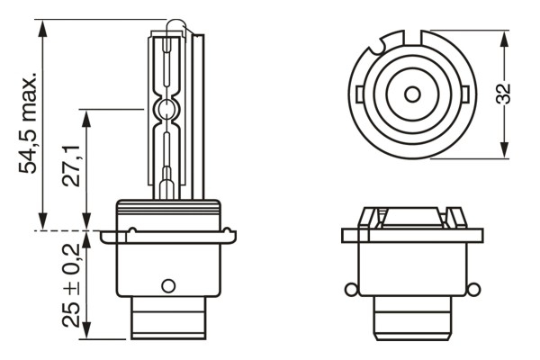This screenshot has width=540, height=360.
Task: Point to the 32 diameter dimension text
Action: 507,94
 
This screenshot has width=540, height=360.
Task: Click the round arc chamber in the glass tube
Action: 165,112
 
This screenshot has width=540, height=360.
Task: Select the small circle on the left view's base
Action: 166,285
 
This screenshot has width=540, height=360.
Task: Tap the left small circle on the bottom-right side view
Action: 348,289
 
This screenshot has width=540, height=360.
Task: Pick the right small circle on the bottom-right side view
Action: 471,289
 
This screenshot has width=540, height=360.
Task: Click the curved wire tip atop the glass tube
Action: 184,25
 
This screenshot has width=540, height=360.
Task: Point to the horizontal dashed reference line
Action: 72,231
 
